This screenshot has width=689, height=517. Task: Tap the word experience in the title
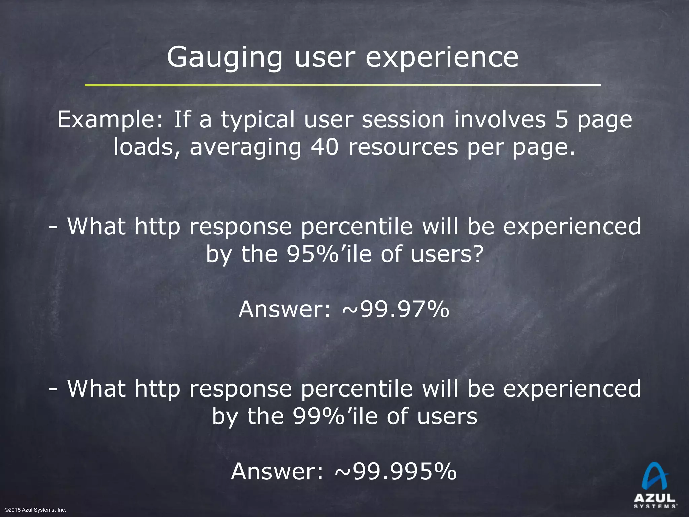tap(442, 57)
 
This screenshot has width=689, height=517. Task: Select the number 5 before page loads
tap(561, 119)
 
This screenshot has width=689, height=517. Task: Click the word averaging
tap(246, 148)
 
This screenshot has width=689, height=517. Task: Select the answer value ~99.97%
tap(396, 309)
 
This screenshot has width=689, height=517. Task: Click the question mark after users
tap(478, 254)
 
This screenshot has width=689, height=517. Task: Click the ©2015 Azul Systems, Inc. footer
tap(35, 510)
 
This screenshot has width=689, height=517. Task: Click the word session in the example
tap(403, 119)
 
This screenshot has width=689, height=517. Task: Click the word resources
tap(403, 147)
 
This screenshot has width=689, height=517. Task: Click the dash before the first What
tap(52, 227)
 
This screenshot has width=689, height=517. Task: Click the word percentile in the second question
tap(357, 389)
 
